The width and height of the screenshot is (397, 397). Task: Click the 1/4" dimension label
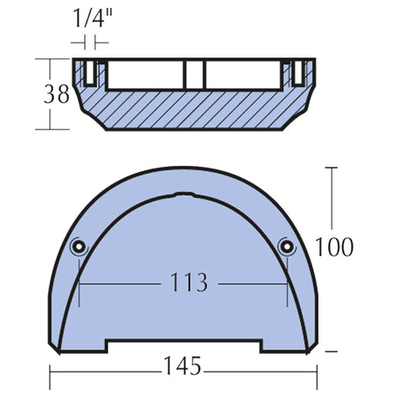93,19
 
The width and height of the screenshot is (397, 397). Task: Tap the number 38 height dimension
56,94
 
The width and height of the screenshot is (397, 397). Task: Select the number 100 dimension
334,247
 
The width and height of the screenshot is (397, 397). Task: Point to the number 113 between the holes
189,282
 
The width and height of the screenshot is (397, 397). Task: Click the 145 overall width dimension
183,365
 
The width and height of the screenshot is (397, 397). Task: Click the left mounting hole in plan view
79,246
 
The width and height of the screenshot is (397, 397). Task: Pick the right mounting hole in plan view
287,246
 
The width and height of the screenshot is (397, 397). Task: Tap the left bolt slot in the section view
90,72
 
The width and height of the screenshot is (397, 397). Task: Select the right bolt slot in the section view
298,72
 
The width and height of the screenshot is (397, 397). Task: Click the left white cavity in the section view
146,74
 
